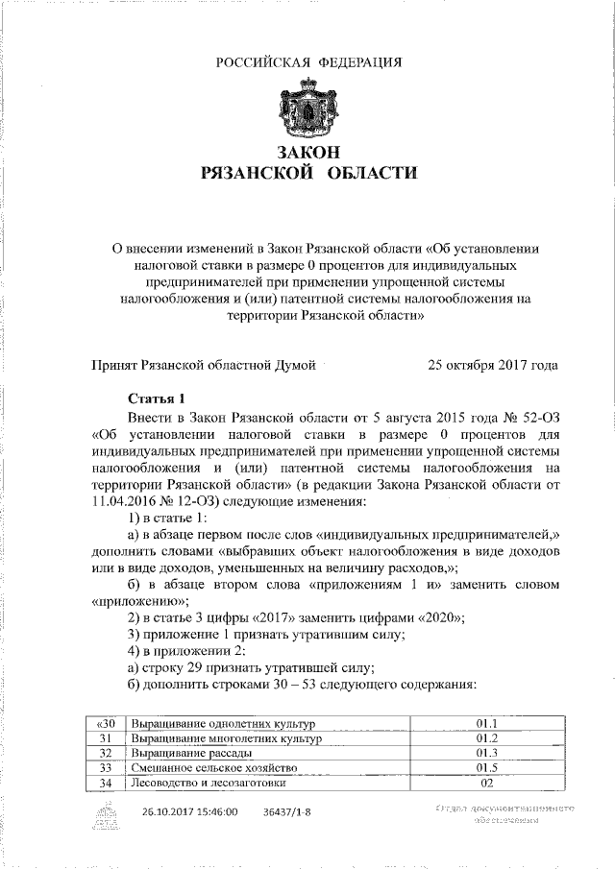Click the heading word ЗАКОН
tap(307, 153)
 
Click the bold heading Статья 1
tap(154, 398)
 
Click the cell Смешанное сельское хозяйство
tap(208, 768)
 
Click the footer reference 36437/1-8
tap(286, 811)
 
